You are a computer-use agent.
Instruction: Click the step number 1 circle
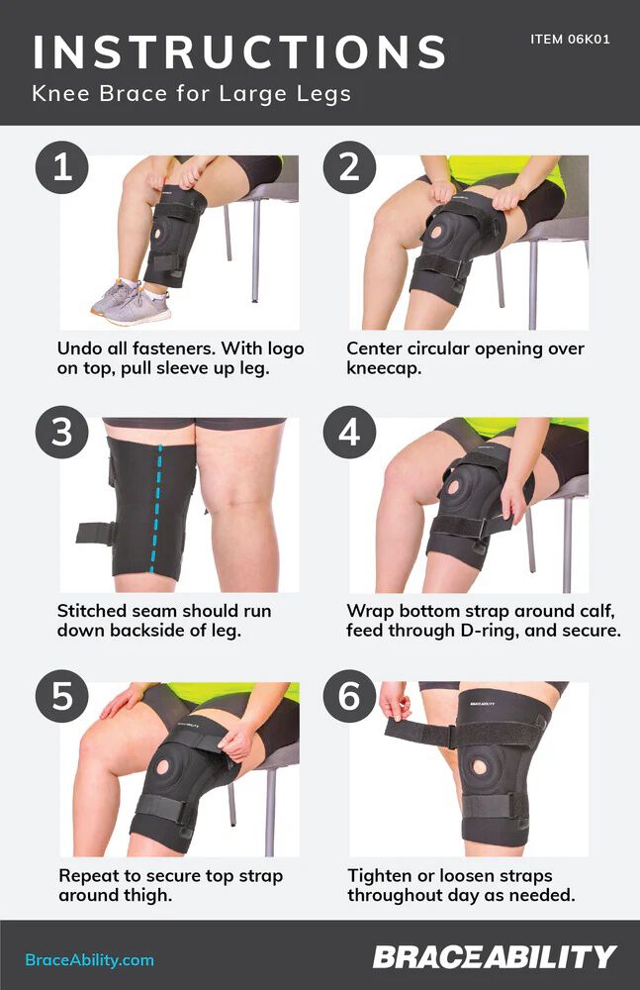click(x=62, y=166)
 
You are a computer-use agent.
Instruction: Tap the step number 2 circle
click(x=349, y=166)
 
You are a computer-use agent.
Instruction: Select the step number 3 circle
click(x=62, y=432)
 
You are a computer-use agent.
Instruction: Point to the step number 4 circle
click(x=349, y=432)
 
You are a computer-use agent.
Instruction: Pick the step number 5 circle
click(x=62, y=697)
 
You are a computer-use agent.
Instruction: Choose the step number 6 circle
click(x=349, y=697)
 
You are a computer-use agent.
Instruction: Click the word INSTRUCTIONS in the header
click(x=238, y=51)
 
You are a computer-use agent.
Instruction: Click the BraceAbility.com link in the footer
click(x=89, y=959)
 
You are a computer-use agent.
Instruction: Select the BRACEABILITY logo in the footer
click(x=495, y=957)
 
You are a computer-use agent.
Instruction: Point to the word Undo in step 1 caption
click(x=78, y=348)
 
